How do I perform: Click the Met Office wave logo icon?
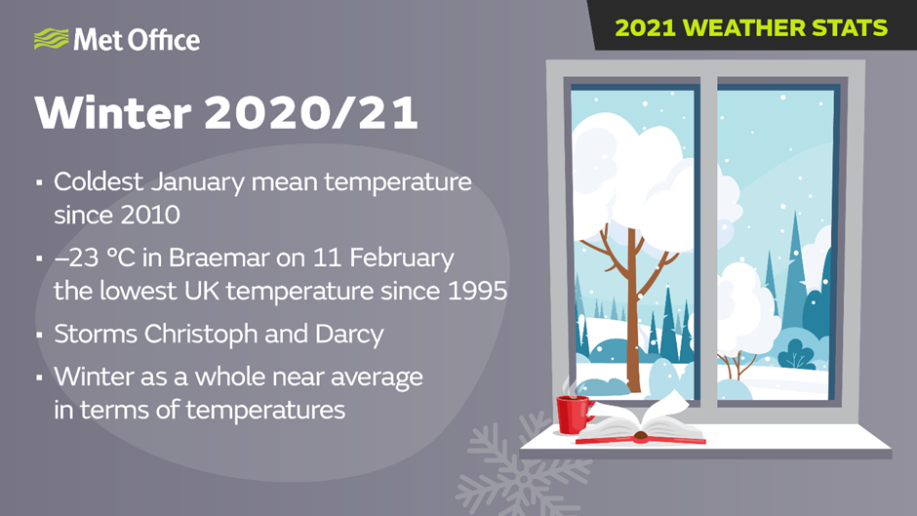point(52,39)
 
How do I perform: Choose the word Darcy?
point(352,334)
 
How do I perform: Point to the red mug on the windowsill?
point(573,414)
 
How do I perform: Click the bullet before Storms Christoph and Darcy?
point(38,335)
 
